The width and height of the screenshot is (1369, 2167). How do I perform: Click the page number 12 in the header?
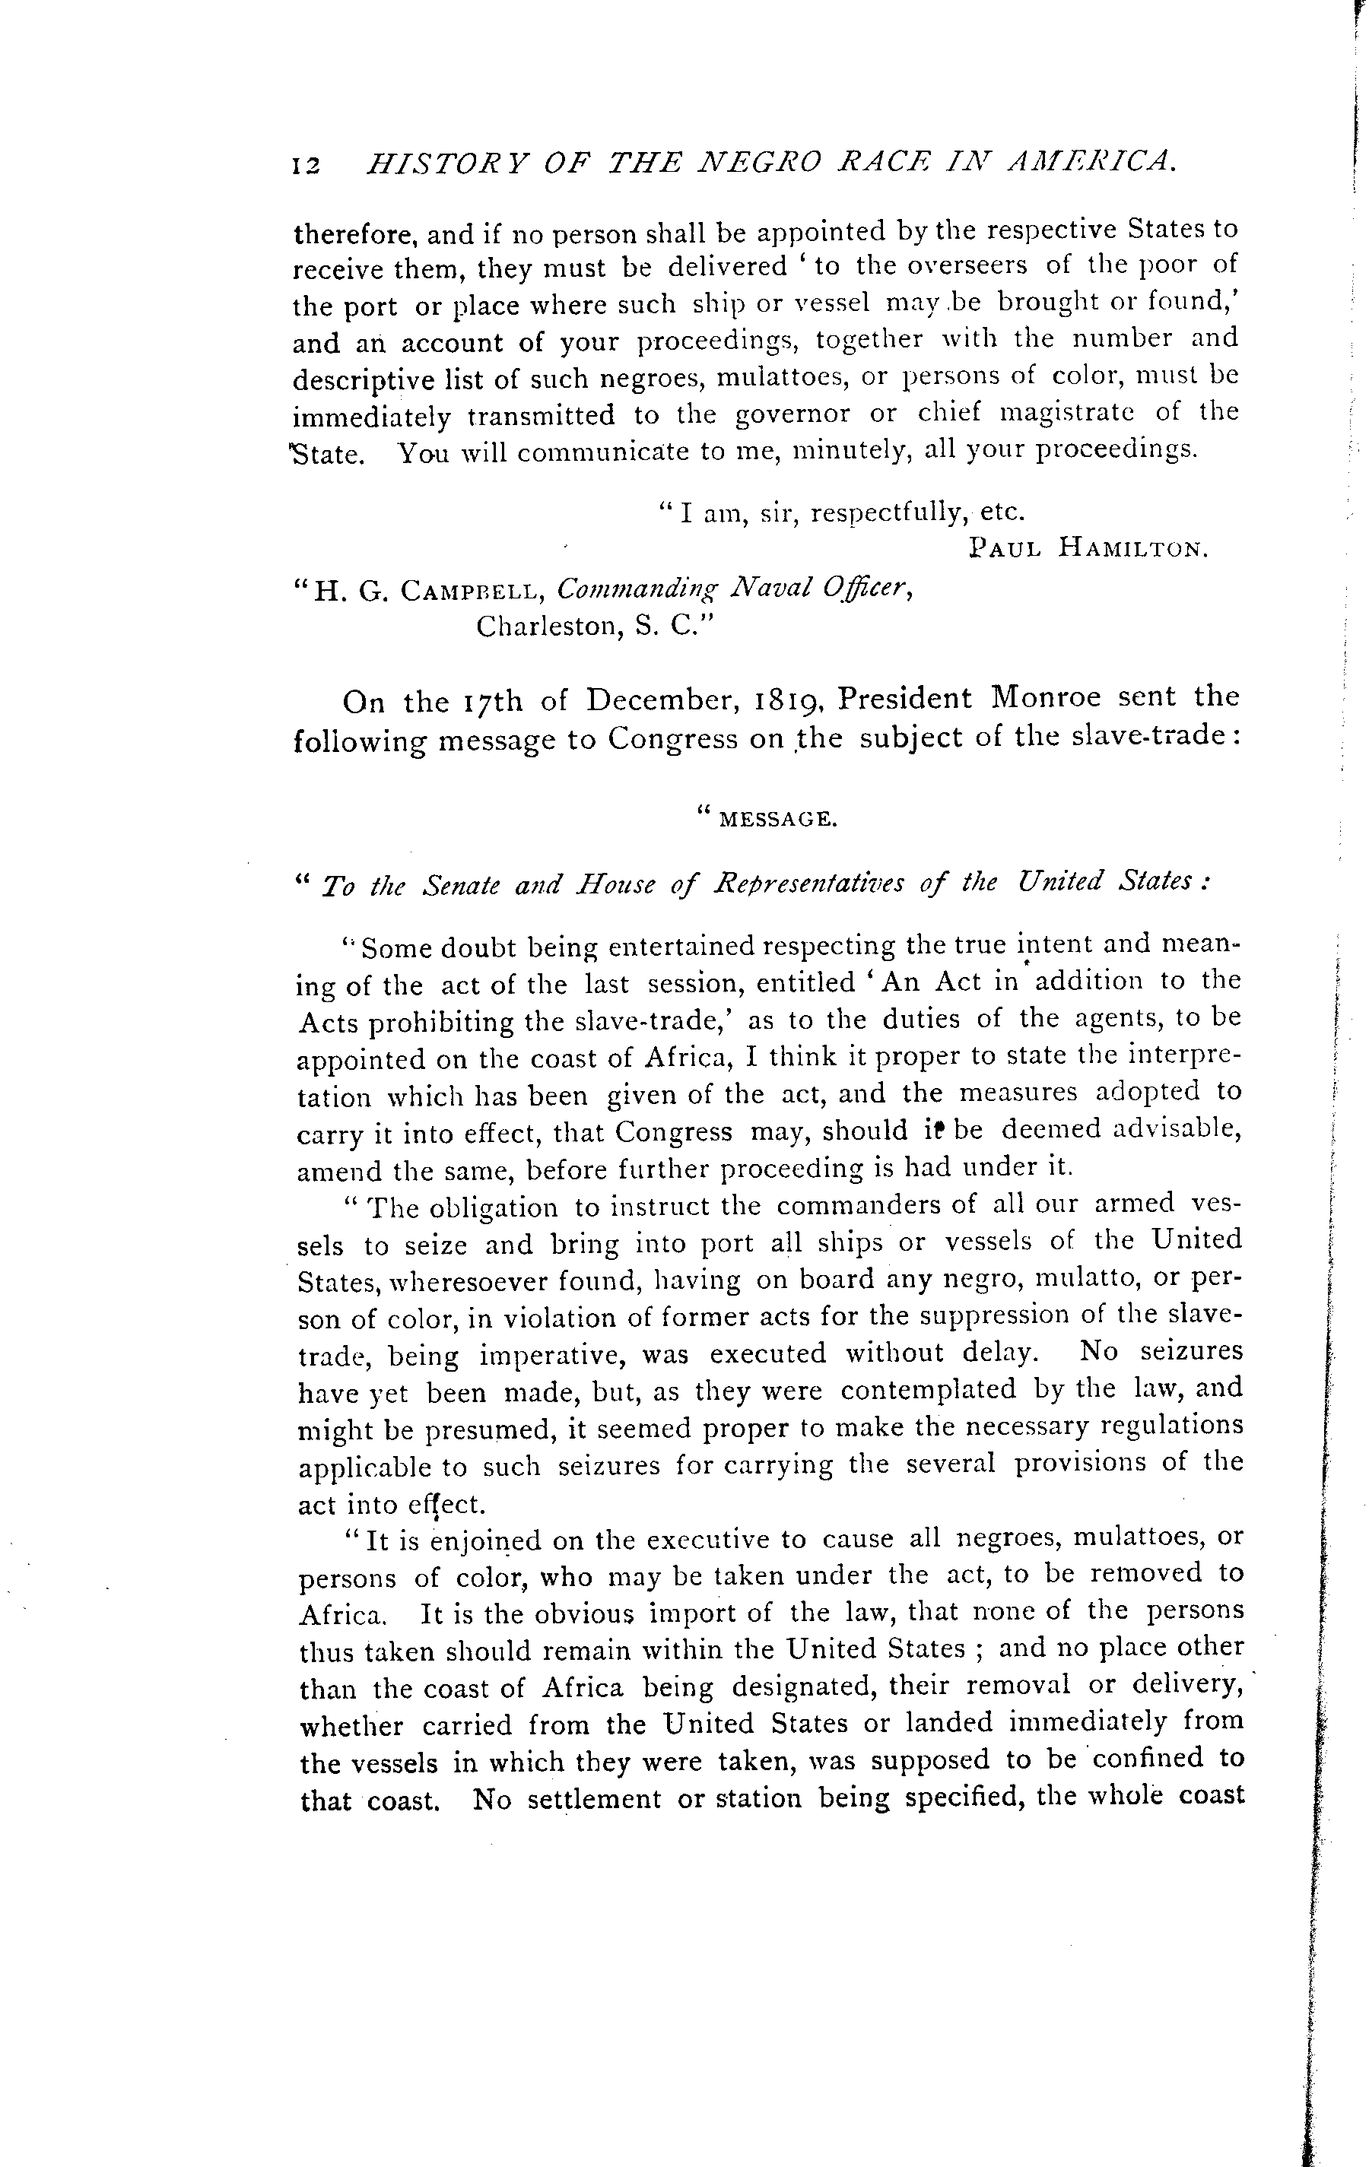307,166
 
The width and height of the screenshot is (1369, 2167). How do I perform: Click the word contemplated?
928,1391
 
